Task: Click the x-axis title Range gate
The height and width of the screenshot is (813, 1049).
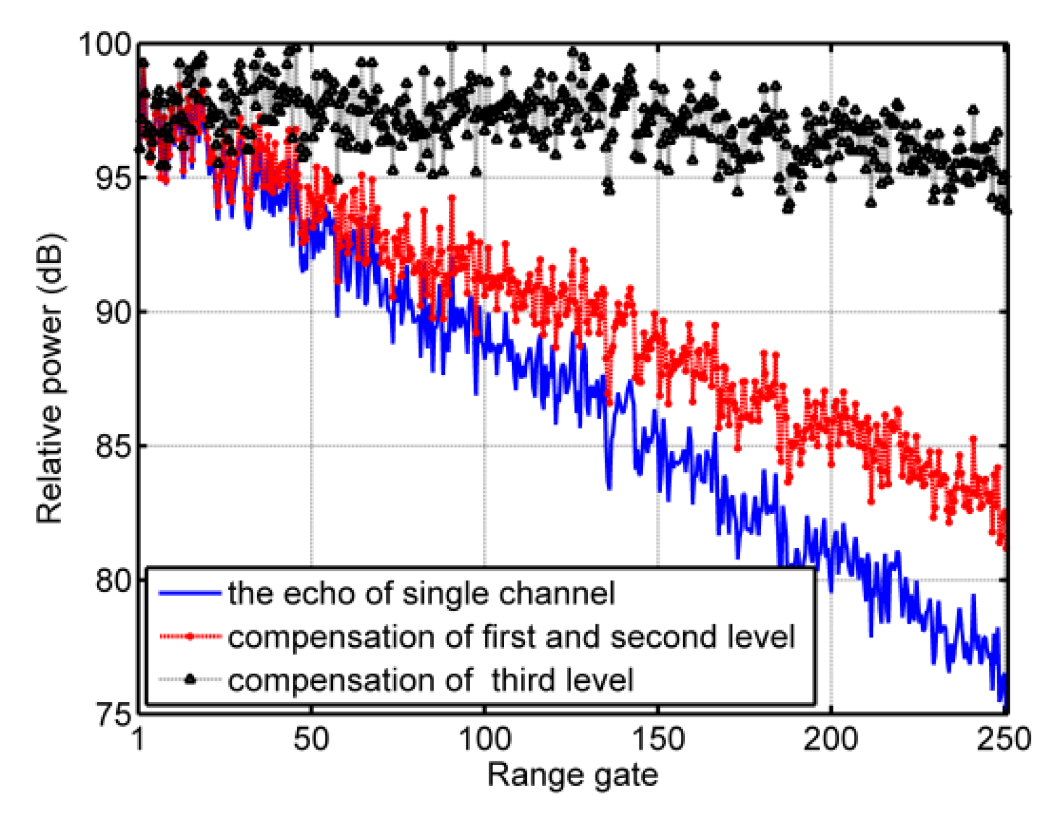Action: click(x=573, y=775)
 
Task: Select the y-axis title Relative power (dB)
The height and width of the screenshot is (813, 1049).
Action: click(x=49, y=379)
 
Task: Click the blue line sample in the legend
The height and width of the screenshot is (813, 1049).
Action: click(x=190, y=593)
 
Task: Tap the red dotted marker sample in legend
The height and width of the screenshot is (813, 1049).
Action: click(x=190, y=637)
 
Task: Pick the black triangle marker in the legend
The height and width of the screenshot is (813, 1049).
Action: click(x=190, y=679)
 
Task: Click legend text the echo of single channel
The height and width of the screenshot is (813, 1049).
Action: click(x=421, y=593)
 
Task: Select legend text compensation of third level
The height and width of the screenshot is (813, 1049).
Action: click(x=430, y=680)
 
